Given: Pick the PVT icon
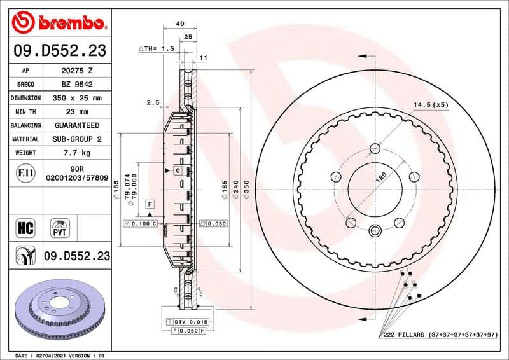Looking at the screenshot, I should pyautogui.click(x=61, y=227).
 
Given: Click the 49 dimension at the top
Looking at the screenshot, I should pyautogui.click(x=179, y=24).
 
